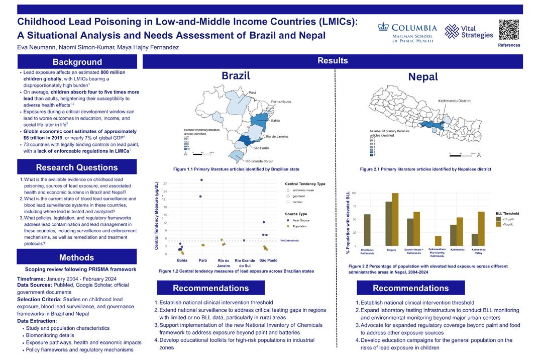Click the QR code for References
point(509,29)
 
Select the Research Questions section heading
point(77,167)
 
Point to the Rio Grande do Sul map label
point(261,161)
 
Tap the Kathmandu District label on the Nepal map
point(455,101)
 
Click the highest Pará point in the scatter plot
point(201,180)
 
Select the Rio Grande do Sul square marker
point(244,241)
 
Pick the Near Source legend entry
point(300,220)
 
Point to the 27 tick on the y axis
point(166,184)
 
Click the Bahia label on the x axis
point(182,260)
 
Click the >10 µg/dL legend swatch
point(498,219)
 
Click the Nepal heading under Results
point(423,77)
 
